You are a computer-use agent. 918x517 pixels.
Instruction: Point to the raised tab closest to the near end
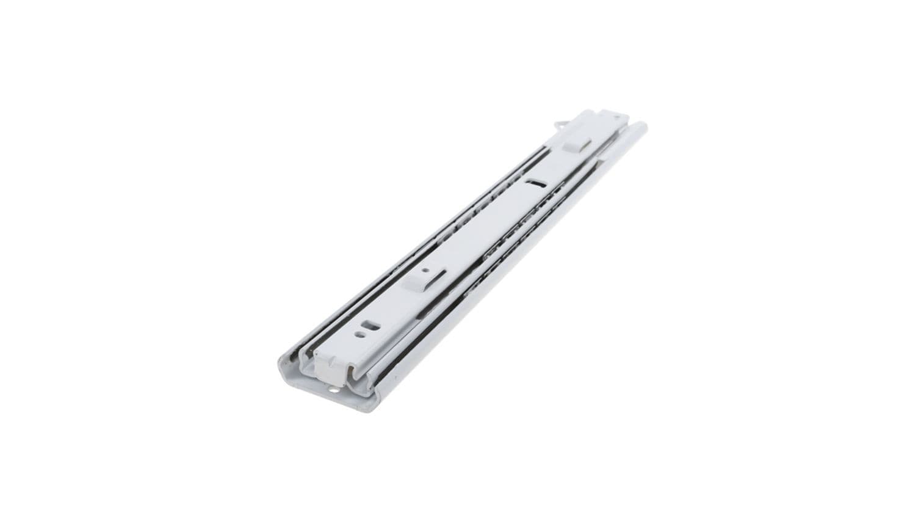[x=417, y=279]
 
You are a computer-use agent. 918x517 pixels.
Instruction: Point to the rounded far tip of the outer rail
[x=640, y=127]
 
